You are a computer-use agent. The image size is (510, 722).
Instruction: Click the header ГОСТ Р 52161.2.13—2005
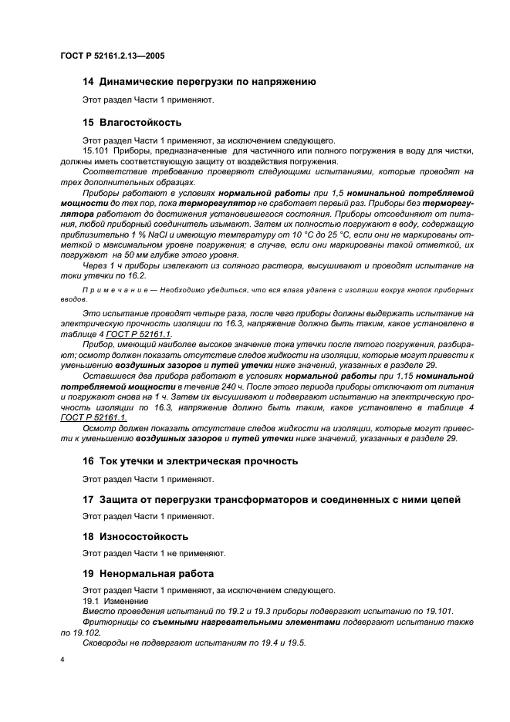click(112, 56)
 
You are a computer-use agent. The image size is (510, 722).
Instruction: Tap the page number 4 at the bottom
click(62, 660)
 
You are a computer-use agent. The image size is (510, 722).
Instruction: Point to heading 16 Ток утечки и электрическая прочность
click(189, 461)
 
